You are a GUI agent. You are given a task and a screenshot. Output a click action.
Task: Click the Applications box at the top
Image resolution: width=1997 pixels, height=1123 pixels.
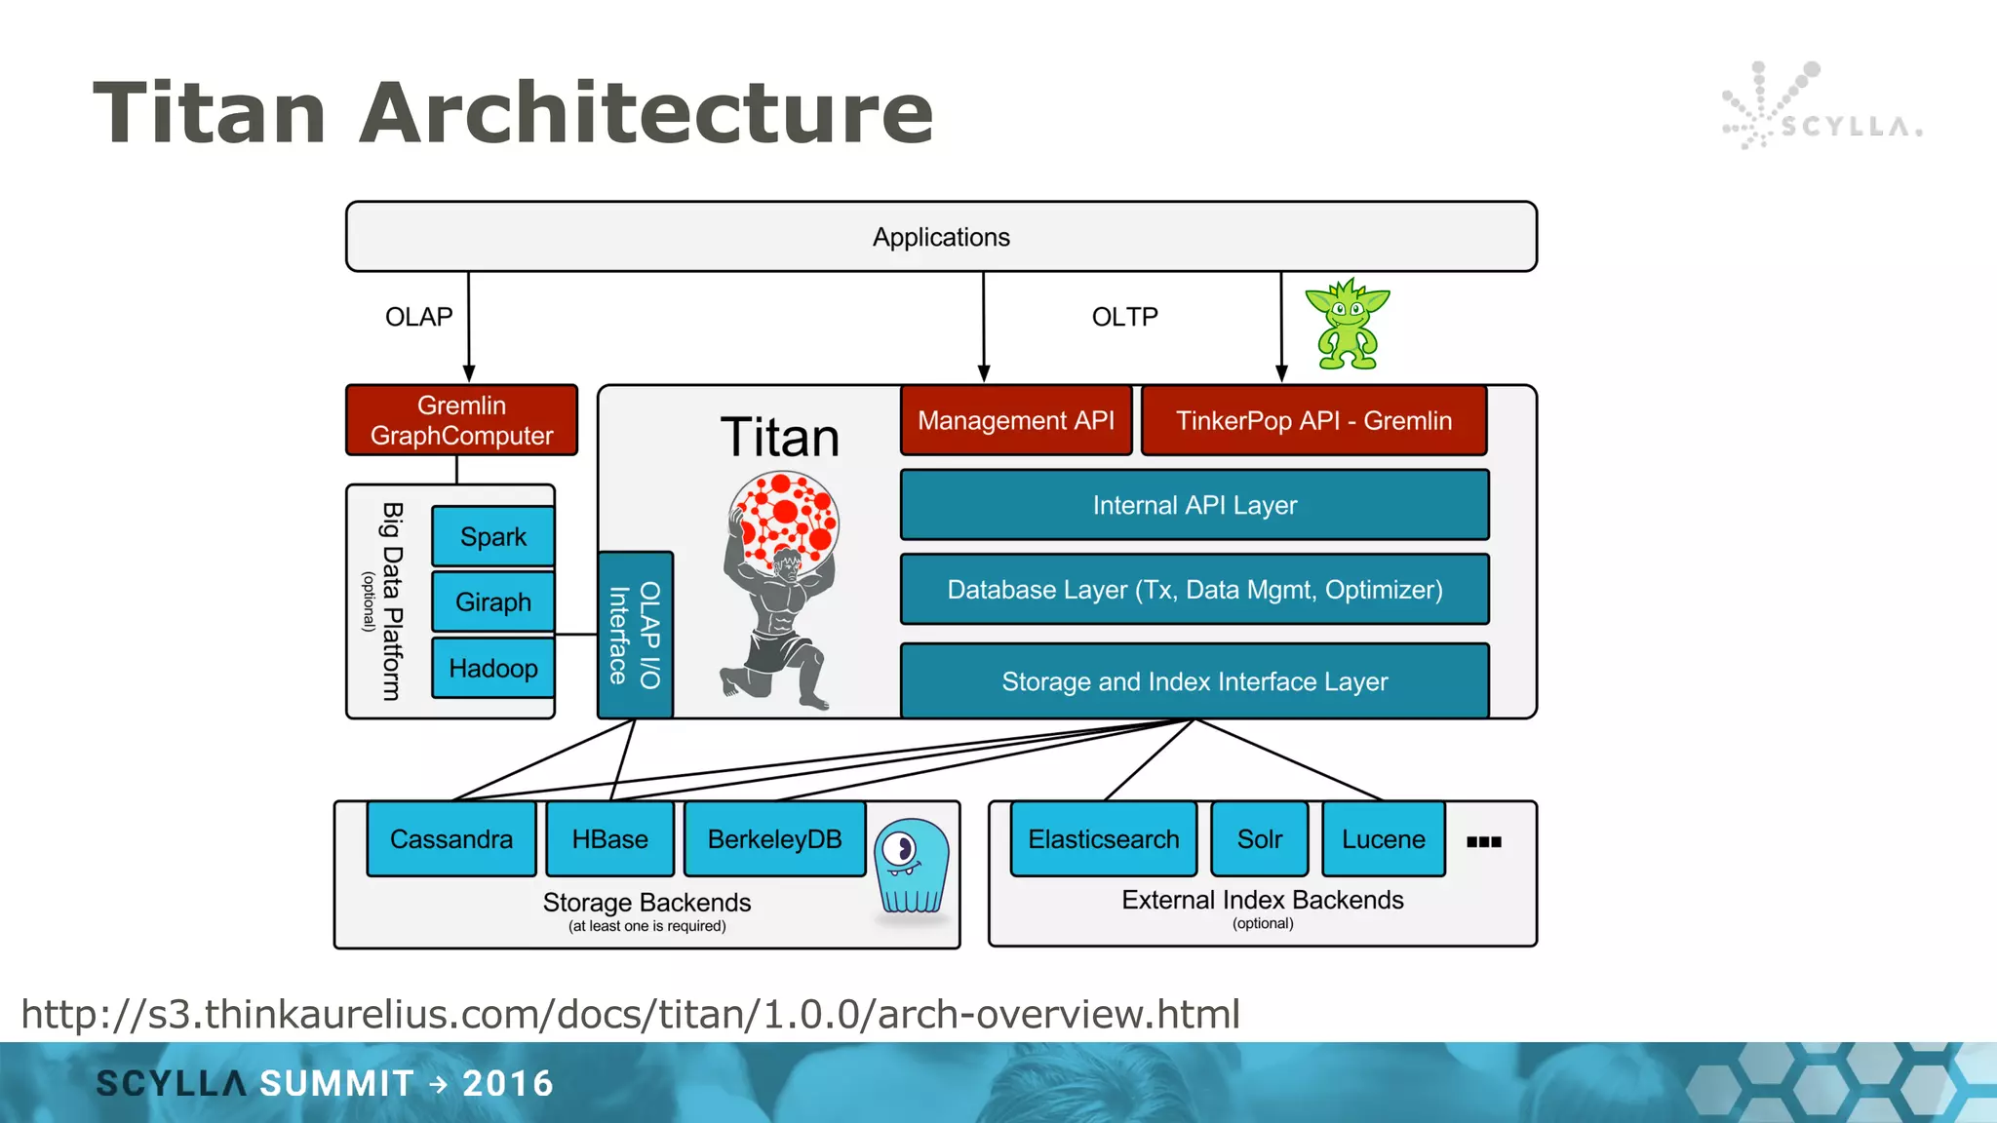point(941,237)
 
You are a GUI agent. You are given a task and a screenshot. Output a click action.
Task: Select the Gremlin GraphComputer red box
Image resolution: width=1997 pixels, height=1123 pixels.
point(461,420)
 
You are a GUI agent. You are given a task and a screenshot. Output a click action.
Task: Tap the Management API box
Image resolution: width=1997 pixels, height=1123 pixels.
point(1015,420)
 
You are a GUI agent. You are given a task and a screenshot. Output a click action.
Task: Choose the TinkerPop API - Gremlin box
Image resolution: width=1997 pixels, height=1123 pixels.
point(1313,420)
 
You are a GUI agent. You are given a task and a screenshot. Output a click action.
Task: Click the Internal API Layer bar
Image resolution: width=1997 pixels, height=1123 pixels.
point(1194,505)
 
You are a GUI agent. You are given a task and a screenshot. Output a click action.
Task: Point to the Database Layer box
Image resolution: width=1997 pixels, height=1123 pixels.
point(1194,590)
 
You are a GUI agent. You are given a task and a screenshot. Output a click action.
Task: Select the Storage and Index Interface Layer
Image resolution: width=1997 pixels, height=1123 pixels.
point(1194,681)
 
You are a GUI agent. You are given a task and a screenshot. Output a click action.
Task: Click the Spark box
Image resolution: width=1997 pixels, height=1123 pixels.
point(492,536)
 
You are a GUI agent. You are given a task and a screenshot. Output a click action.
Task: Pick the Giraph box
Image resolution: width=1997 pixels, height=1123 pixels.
point(492,601)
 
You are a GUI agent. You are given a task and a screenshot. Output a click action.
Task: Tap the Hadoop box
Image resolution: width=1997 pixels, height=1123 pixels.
point(492,668)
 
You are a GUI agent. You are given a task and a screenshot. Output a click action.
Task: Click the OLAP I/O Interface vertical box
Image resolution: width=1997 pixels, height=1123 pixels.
point(635,635)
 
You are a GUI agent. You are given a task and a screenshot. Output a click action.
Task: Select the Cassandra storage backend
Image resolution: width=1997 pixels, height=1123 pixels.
point(450,839)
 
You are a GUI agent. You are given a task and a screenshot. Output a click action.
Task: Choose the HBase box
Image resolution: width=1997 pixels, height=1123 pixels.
point(609,839)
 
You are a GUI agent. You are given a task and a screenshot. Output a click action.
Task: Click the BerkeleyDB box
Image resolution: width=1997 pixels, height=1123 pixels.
point(774,839)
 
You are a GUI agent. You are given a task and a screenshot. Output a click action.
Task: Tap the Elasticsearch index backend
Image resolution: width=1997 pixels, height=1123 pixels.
point(1103,839)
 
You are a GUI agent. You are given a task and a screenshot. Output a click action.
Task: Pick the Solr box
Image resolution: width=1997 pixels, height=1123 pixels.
point(1259,839)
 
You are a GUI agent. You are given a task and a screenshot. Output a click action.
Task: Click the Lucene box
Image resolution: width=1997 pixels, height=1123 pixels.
point(1383,839)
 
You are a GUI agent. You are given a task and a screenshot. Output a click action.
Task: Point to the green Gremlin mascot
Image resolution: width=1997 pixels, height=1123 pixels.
point(1348,325)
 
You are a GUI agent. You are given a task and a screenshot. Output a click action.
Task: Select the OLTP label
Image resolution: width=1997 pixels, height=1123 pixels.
point(1124,317)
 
